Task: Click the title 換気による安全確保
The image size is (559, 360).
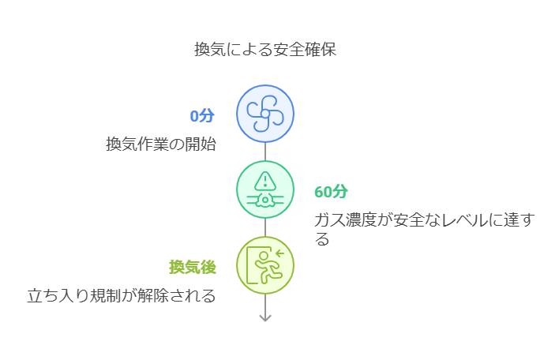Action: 265,49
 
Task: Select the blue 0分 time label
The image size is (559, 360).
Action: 202,116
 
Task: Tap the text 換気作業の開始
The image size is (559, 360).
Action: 161,144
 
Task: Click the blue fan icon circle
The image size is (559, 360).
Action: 265,114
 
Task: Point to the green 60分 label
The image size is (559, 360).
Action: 331,192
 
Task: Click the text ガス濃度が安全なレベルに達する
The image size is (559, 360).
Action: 424,220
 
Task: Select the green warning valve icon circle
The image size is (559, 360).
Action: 265,189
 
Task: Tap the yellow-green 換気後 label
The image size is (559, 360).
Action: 193,268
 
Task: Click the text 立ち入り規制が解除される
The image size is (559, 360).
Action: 122,296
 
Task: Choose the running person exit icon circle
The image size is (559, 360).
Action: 265,265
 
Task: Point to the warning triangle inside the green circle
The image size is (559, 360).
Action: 265,180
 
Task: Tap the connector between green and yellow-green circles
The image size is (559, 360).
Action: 265,227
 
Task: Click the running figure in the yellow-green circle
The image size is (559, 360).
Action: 268,268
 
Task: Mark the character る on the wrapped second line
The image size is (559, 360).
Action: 322,239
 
